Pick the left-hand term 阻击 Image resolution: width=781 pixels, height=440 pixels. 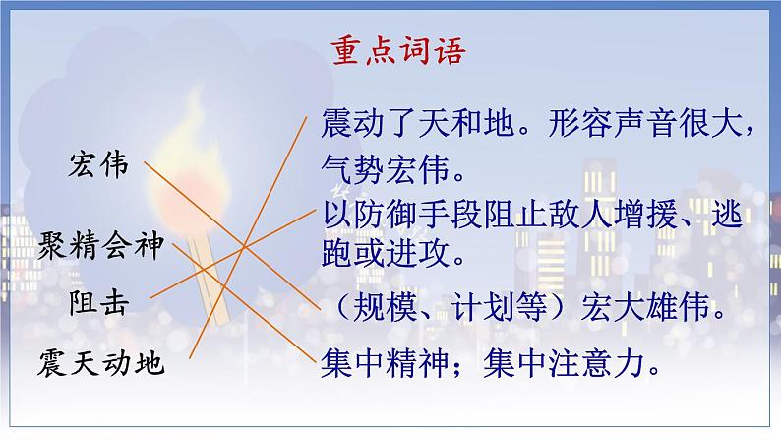pos(98,301)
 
